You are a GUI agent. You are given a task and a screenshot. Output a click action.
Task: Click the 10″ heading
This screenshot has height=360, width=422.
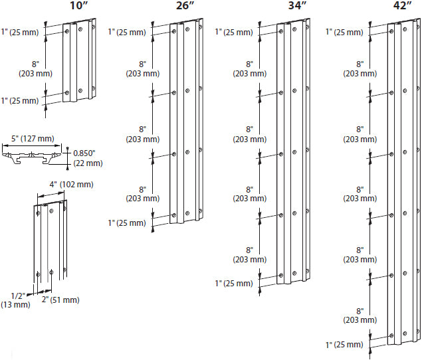pos(80,6)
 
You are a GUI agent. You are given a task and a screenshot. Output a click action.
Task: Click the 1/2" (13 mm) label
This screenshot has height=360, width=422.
pos(20,300)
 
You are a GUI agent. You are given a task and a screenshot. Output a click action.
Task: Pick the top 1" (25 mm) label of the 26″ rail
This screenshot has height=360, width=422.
pos(127,32)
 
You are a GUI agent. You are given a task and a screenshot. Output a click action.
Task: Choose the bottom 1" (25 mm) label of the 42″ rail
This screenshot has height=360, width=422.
pos(345,345)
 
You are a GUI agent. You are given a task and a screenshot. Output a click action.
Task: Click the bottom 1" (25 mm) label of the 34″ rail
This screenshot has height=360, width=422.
pos(233,284)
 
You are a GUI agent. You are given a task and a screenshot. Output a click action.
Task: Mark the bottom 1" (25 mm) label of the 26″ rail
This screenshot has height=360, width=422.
pos(127,223)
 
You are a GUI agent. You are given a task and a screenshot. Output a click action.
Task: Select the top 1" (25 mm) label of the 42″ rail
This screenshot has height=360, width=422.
pos(345,32)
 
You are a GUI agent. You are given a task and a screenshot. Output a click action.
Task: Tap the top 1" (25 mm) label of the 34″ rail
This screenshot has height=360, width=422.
pos(233,32)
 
